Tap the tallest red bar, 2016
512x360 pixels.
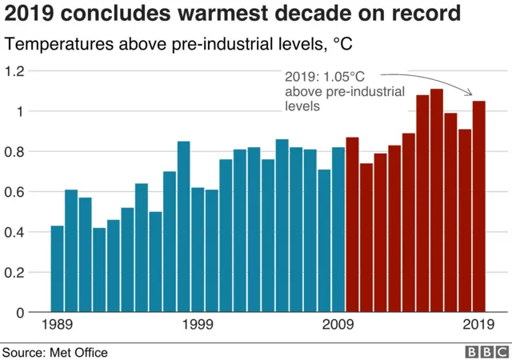point(437,200)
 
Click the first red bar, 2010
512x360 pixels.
point(352,225)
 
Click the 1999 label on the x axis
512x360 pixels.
point(198,326)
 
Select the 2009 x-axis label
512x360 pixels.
point(338,326)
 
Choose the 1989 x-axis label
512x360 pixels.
point(57,326)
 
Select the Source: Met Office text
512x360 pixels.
point(54,352)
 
